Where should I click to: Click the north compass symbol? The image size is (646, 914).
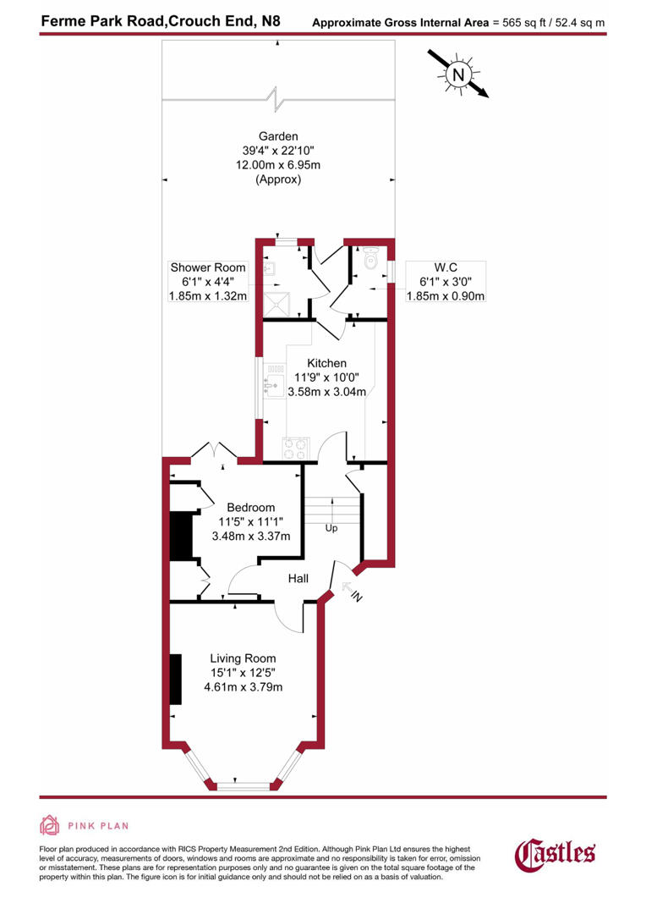click(458, 74)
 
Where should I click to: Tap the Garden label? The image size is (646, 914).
click(278, 135)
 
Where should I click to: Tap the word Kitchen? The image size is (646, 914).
click(326, 363)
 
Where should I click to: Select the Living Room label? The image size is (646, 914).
click(243, 658)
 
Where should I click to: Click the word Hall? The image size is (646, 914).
click(298, 579)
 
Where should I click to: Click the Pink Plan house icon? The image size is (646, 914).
click(50, 825)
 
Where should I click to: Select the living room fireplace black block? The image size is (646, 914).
click(175, 679)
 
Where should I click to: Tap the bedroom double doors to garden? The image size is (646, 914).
click(215, 450)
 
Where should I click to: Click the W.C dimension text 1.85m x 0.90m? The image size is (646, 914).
click(446, 295)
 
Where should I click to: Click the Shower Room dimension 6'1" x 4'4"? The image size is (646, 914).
click(207, 282)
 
